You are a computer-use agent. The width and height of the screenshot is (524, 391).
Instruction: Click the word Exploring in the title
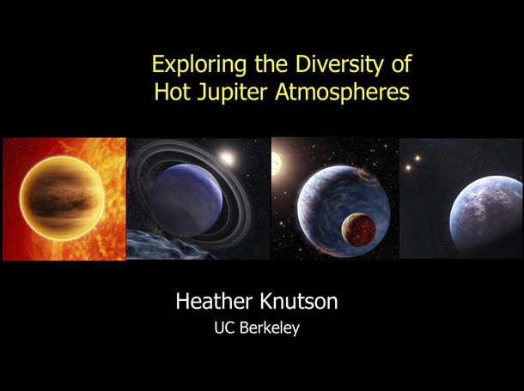point(199,64)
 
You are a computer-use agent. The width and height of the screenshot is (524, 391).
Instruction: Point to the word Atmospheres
point(342,92)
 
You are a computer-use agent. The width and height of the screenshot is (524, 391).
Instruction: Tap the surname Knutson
point(298,301)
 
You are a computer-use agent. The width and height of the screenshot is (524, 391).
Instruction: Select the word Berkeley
point(270,328)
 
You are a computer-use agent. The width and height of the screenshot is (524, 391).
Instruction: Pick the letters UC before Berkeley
point(225,328)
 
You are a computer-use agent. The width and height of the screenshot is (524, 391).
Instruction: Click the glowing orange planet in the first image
point(62,198)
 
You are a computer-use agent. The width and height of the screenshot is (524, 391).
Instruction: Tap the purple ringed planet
point(186,200)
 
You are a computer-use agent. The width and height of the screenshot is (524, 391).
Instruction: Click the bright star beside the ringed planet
point(227,158)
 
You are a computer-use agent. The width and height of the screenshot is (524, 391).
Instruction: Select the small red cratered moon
point(358,230)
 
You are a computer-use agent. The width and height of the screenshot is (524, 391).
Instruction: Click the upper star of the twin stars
point(417,158)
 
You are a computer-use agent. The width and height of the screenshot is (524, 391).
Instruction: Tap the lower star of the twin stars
point(408,167)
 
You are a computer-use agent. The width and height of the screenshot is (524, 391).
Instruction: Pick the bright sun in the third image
point(276,164)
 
